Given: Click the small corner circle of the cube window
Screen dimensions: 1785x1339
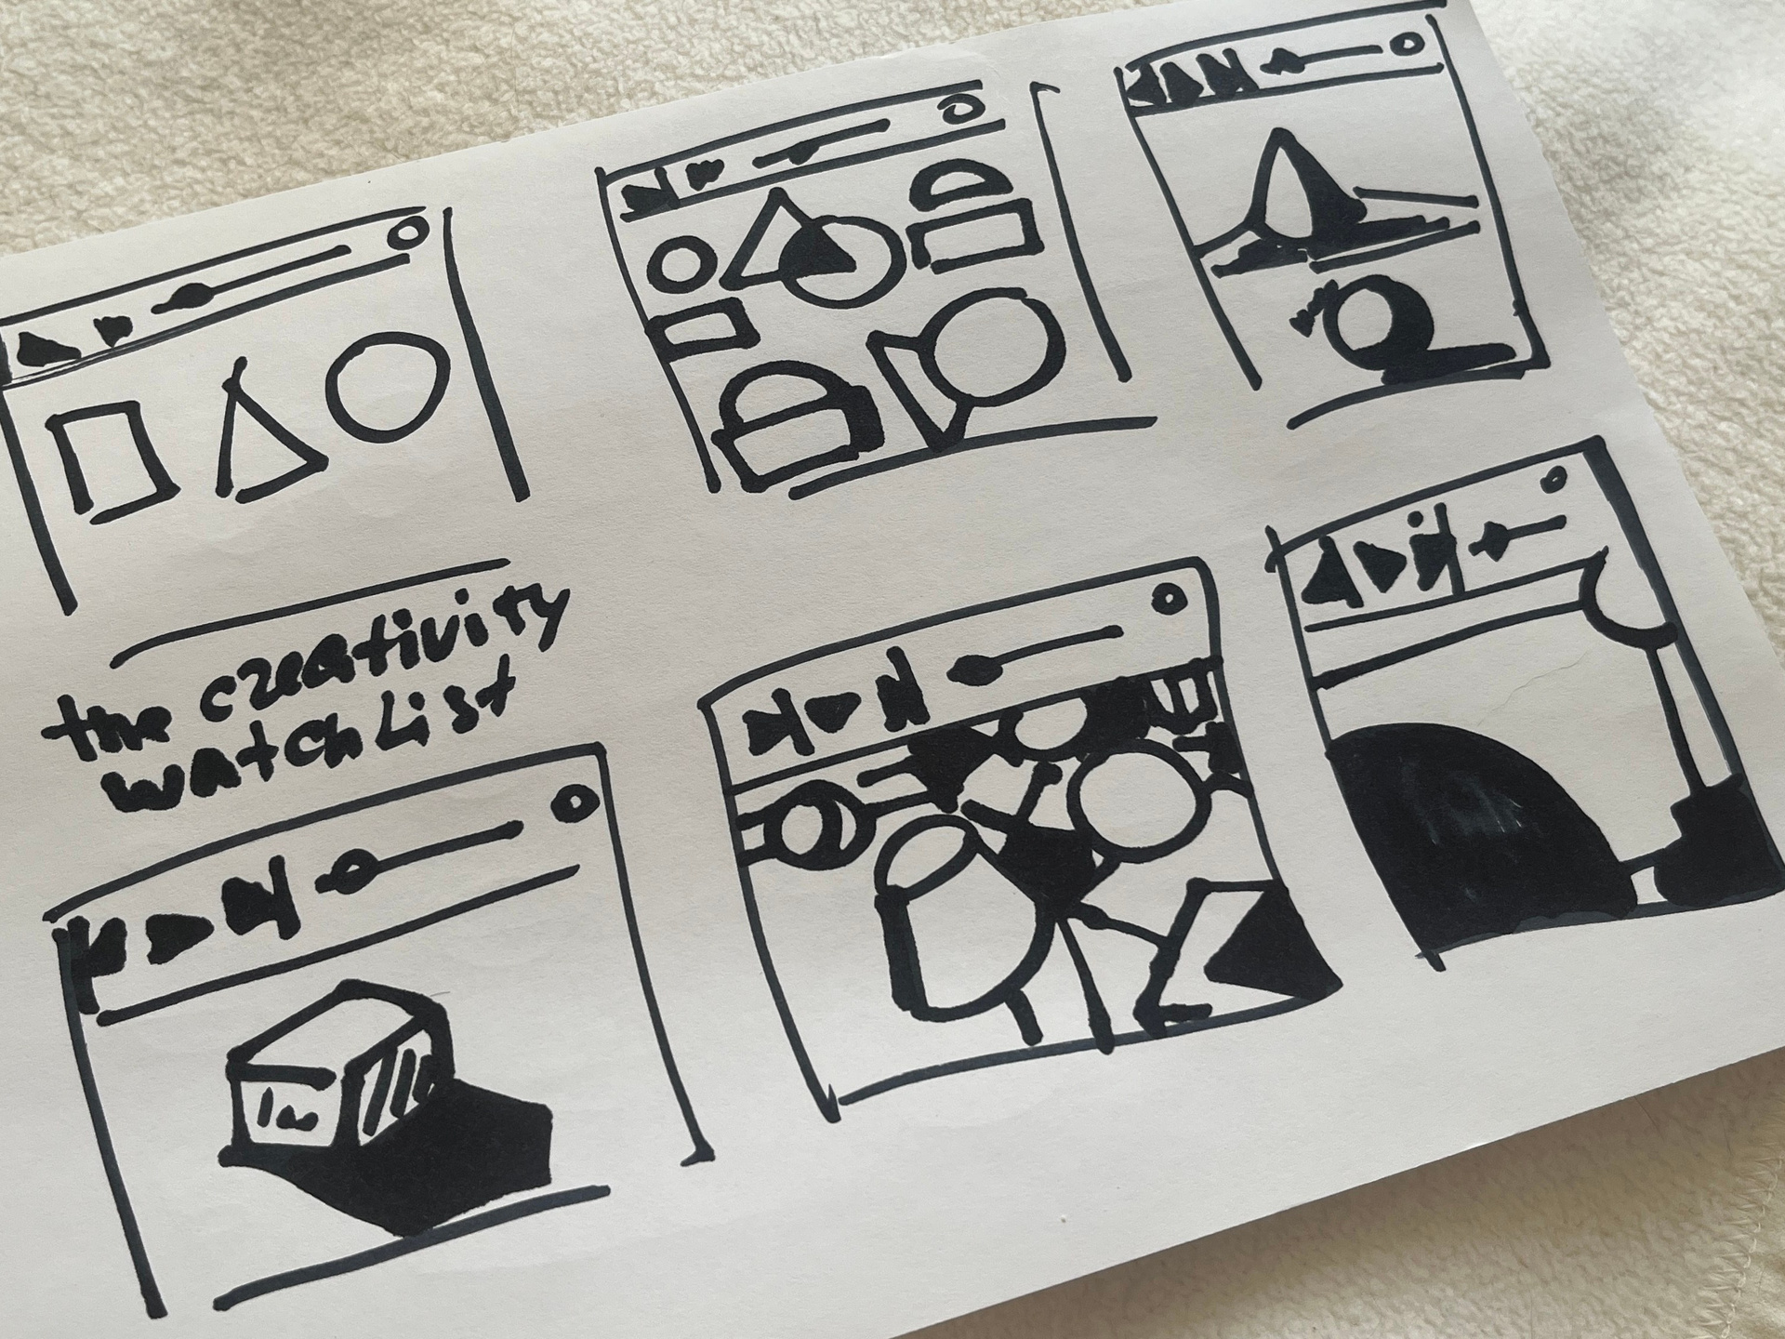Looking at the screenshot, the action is (573, 801).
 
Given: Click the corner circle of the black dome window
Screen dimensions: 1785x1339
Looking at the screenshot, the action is (1553, 482).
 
